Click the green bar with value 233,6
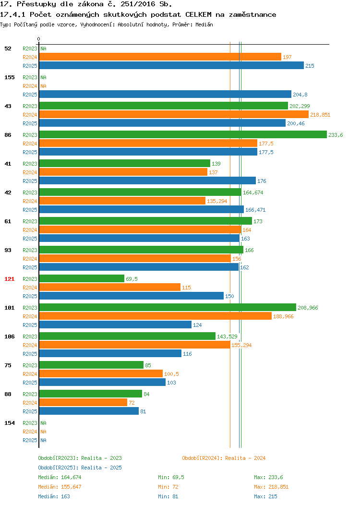click(183, 134)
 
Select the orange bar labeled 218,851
click(174, 114)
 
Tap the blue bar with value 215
click(171, 65)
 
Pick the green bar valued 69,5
click(82, 278)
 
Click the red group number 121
click(9, 279)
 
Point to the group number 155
click(9, 77)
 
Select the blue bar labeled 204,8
click(165, 94)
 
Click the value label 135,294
click(217, 201)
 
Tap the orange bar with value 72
click(83, 402)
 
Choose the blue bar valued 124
click(115, 325)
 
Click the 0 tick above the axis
click(39, 39)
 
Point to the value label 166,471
click(255, 210)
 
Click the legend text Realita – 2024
click(245, 458)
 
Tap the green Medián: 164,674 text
click(60, 477)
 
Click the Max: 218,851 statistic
click(271, 487)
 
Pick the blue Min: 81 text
click(168, 497)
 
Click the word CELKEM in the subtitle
click(198, 14)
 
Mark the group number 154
click(9, 423)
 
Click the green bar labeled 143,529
click(127, 336)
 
